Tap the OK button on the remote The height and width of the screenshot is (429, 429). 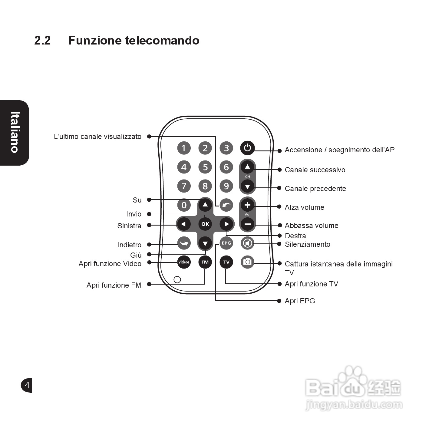tap(205, 224)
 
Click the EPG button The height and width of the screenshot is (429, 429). tap(226, 243)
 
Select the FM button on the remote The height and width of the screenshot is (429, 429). tap(205, 262)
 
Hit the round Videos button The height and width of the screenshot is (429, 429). tap(184, 262)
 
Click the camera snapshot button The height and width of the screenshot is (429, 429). tap(247, 262)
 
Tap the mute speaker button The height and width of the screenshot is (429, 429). tap(247, 243)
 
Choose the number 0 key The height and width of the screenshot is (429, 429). tap(184, 205)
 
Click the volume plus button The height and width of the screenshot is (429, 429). tap(247, 205)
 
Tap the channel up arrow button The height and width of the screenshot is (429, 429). tap(247, 167)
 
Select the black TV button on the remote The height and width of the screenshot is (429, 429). tap(226, 262)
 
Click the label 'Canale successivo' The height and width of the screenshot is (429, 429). tap(315, 170)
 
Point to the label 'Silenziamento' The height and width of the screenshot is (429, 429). tap(307, 244)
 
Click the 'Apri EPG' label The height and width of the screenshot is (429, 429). tap(300, 301)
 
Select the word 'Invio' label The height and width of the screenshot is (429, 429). tap(134, 214)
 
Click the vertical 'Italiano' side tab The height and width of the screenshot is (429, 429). tap(15, 132)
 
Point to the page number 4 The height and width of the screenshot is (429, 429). tap(27, 385)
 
